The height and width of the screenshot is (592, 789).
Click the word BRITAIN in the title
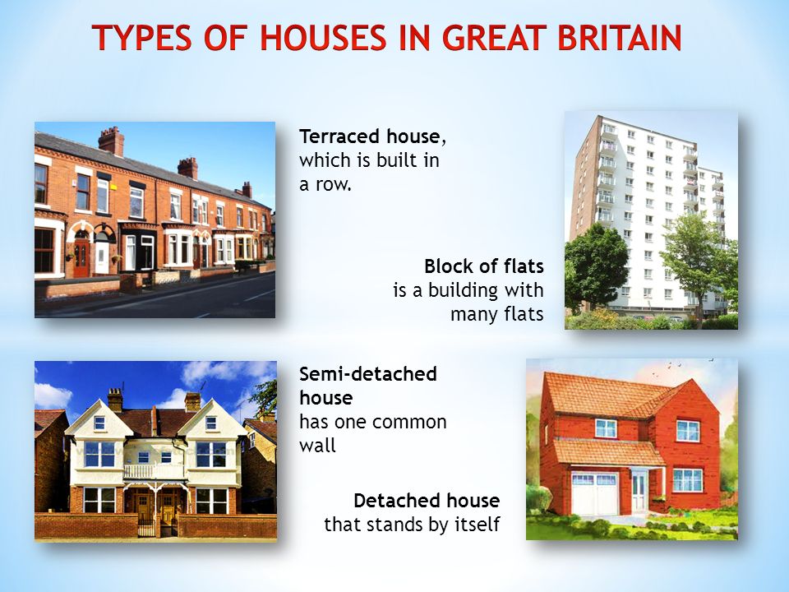[x=620, y=37]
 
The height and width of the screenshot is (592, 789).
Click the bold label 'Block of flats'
[x=484, y=266]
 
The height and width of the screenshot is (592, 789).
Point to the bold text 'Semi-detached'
[x=368, y=374]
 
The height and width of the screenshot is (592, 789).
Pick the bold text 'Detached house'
[x=427, y=501]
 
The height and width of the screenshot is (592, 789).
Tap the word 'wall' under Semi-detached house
[x=317, y=446]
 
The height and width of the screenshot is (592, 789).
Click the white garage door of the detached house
[x=594, y=493]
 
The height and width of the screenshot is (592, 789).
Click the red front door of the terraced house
[x=81, y=257]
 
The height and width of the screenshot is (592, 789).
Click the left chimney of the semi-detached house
[x=115, y=400]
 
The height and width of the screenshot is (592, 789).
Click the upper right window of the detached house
[x=687, y=432]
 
